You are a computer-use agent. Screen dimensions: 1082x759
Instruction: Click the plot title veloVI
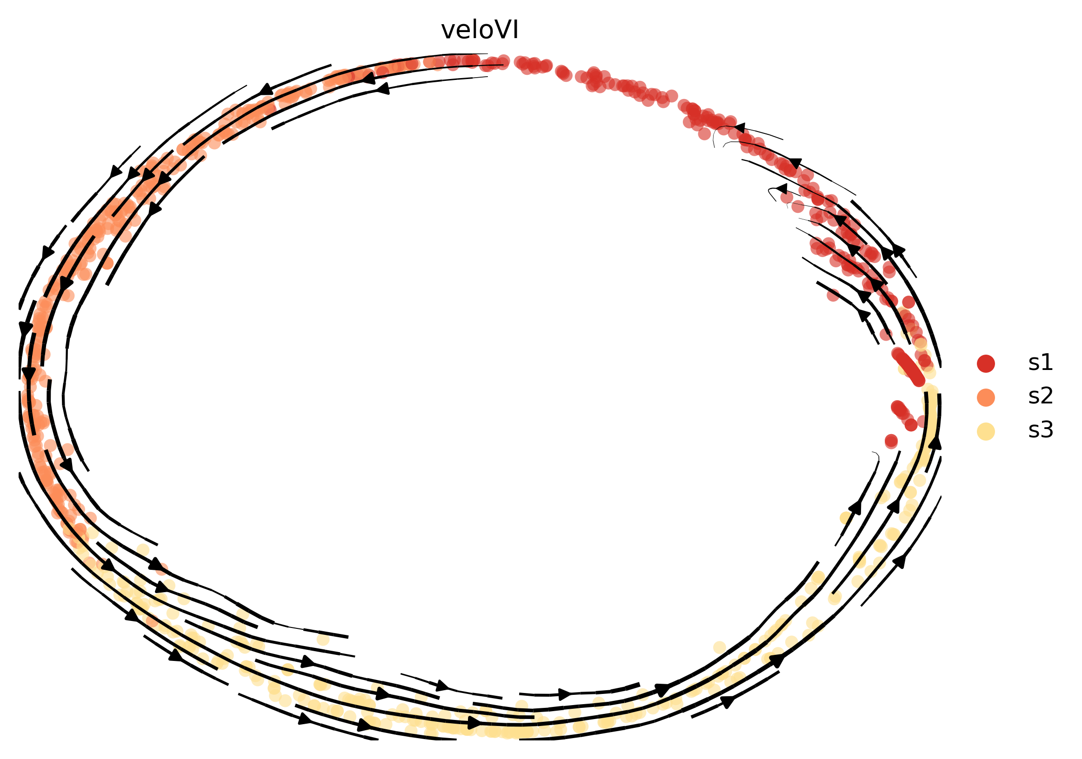click(480, 31)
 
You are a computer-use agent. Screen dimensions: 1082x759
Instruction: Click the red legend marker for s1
click(986, 363)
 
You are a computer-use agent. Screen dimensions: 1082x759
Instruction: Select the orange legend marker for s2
click(986, 397)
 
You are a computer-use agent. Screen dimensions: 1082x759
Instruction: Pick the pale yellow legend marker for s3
click(986, 431)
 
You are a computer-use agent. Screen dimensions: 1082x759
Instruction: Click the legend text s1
click(1041, 363)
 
